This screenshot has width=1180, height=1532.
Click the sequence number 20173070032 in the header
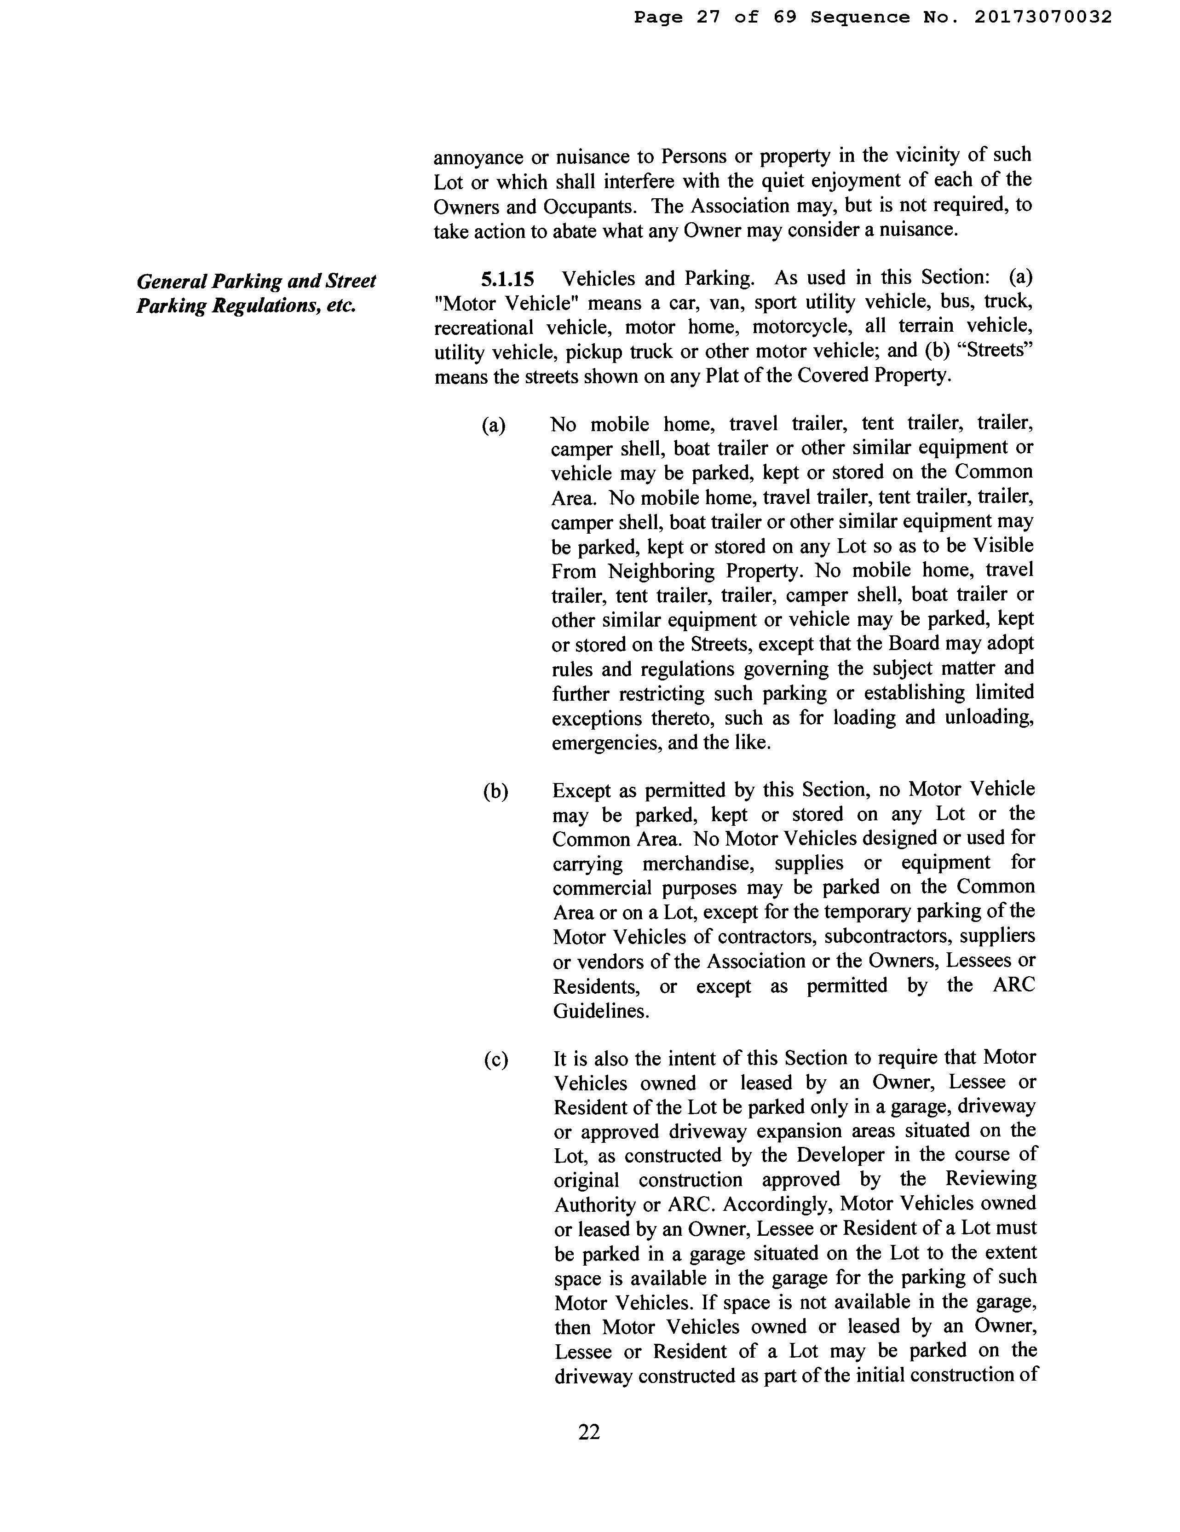1042,17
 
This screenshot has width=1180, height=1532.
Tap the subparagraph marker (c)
495,1060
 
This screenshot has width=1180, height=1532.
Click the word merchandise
695,863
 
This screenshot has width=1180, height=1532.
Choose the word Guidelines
600,1011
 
